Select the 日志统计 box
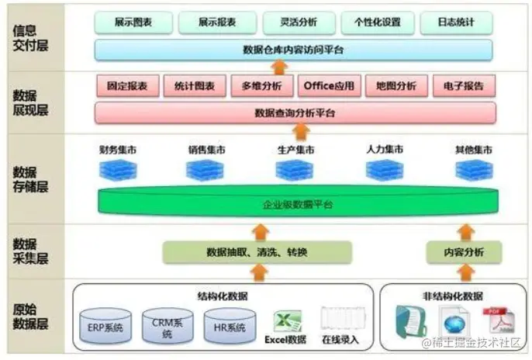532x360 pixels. coord(455,22)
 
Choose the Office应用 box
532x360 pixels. coord(330,85)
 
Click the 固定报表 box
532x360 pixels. coord(127,85)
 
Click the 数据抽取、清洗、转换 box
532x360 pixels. coord(257,252)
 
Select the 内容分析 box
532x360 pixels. coord(463,252)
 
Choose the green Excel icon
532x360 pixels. coord(286,322)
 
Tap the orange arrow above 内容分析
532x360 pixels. coord(465,230)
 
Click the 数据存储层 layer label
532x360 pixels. coord(30,179)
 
